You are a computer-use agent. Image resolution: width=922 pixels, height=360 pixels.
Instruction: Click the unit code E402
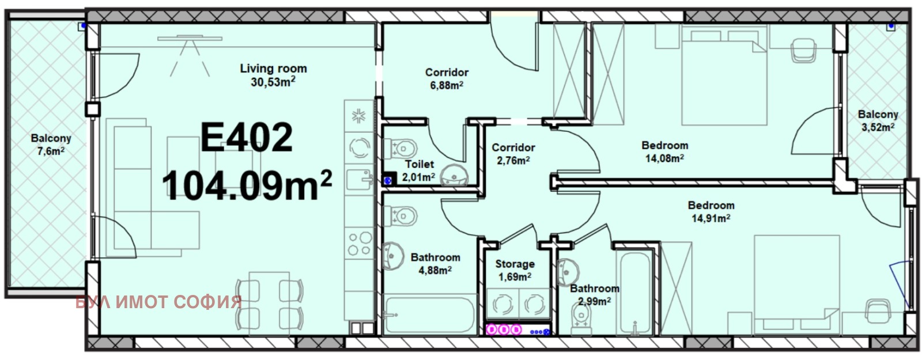pyautogui.click(x=247, y=138)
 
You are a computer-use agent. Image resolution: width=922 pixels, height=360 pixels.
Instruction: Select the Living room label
pyautogui.click(x=273, y=75)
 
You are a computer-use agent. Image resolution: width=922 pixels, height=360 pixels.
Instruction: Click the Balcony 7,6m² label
pyautogui.click(x=51, y=145)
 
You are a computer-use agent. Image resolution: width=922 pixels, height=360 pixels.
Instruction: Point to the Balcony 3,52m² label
pyautogui.click(x=878, y=120)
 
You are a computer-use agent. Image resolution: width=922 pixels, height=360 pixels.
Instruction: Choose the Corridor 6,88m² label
pyautogui.click(x=447, y=78)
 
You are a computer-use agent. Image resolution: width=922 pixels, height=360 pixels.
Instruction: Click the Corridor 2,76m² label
pyautogui.click(x=513, y=153)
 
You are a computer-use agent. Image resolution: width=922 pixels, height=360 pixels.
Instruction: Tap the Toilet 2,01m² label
pyautogui.click(x=419, y=170)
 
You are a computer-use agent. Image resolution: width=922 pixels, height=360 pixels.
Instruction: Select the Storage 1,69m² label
pyautogui.click(x=515, y=270)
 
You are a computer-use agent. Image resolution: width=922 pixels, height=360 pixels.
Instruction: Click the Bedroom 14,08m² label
pyautogui.click(x=665, y=151)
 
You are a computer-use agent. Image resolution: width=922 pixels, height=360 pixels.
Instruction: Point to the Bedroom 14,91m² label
pyautogui.click(x=711, y=211)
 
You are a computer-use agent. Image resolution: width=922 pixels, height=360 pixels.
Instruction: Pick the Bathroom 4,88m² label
pyautogui.click(x=436, y=264)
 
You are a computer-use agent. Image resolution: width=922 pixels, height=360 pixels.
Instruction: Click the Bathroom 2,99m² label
pyautogui.click(x=594, y=295)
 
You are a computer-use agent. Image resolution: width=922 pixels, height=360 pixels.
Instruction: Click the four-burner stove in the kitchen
pyautogui.click(x=360, y=244)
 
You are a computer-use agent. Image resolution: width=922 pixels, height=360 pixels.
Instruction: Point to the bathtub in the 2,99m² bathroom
pyautogui.click(x=634, y=291)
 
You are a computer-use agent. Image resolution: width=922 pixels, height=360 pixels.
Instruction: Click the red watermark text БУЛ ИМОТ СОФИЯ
pyautogui.click(x=158, y=302)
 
